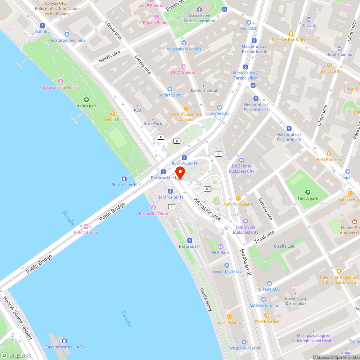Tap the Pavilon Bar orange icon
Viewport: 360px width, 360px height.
tap(113, 113)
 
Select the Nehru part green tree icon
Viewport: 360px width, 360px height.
tap(86, 100)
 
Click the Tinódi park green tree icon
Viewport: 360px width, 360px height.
tap(307, 192)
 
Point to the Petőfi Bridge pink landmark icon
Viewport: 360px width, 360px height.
tap(86, 226)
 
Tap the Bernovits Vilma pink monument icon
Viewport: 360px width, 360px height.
tap(153, 208)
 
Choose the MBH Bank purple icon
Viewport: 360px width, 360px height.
tap(220, 247)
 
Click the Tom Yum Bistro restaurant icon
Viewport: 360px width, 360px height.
tap(238, 198)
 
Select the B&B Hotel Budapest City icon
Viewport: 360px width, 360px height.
tap(241, 160)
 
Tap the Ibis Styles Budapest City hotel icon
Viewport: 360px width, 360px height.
tap(246, 221)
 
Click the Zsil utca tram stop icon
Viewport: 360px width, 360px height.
tap(42, 26)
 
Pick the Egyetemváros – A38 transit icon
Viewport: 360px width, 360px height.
tap(64, 341)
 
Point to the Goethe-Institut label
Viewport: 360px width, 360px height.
tap(203, 90)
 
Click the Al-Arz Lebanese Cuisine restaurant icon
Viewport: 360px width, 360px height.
tap(186, 108)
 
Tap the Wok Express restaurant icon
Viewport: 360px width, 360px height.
tap(266, 315)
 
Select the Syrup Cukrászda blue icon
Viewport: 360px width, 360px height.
tap(244, 342)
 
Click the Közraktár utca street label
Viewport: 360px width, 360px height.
tap(207, 209)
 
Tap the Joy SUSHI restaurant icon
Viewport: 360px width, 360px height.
tap(329, 65)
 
